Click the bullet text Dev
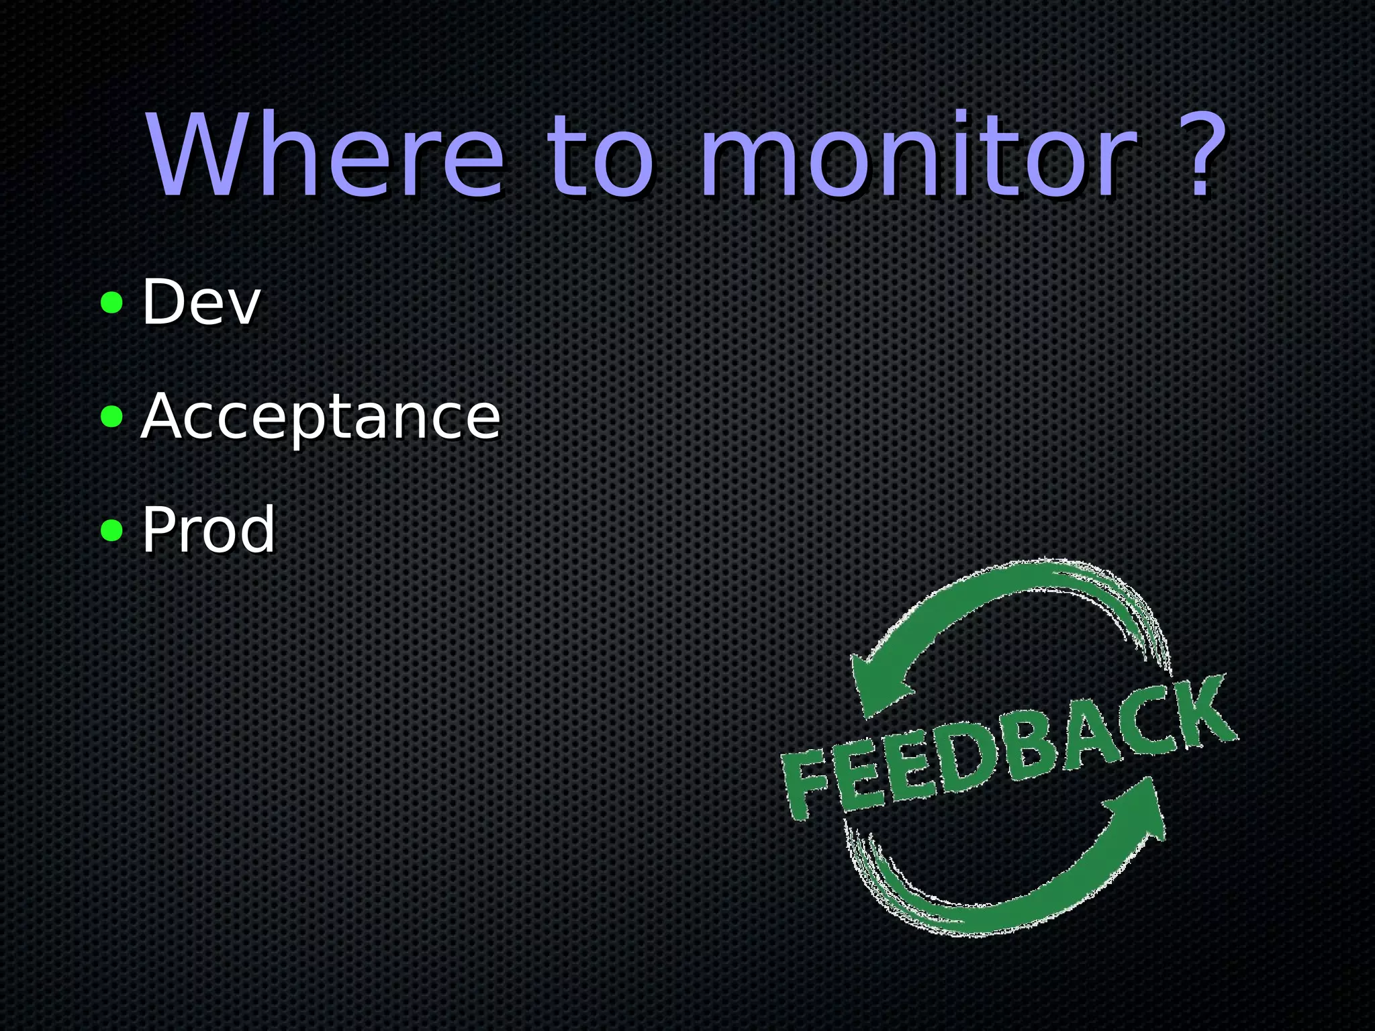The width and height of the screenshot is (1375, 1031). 200,303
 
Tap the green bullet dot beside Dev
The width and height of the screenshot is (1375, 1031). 111,303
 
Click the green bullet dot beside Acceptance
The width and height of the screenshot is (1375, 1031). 111,417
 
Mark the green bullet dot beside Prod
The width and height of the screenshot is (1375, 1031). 111,531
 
